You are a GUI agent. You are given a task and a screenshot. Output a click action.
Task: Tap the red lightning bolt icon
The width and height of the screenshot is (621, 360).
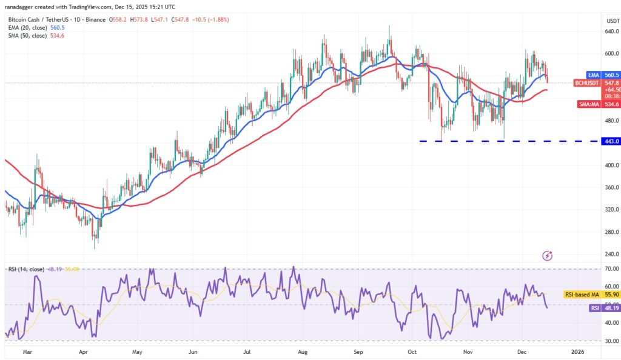(x=548, y=256)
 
